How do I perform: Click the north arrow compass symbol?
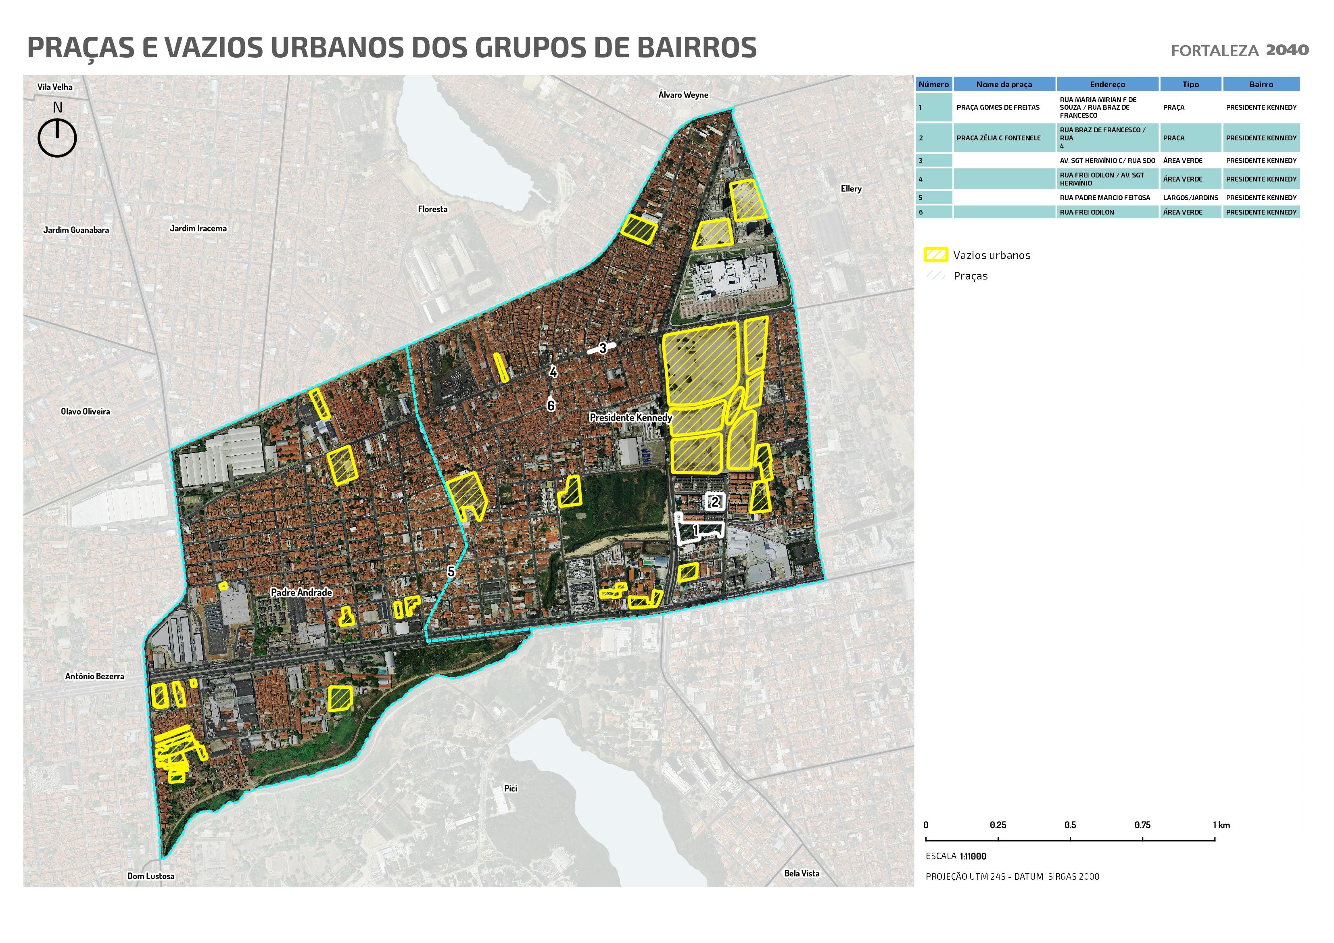pyautogui.click(x=57, y=137)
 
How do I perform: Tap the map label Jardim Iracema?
pyautogui.click(x=198, y=228)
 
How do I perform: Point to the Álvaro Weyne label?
pyautogui.click(x=683, y=95)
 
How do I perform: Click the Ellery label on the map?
pyautogui.click(x=851, y=189)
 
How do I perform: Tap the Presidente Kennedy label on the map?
pyautogui.click(x=630, y=417)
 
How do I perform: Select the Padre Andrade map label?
pyautogui.click(x=302, y=592)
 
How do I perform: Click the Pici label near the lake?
pyautogui.click(x=511, y=789)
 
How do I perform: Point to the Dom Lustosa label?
pyautogui.click(x=151, y=876)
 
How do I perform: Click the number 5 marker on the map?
pyautogui.click(x=451, y=572)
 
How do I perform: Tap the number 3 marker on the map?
pyautogui.click(x=603, y=348)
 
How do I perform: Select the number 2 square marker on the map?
pyautogui.click(x=715, y=501)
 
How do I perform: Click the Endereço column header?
pyautogui.click(x=1107, y=84)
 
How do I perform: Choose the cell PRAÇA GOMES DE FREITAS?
pyautogui.click(x=998, y=108)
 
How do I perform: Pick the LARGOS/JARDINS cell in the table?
pyautogui.click(x=1190, y=198)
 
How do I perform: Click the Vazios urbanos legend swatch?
pyautogui.click(x=935, y=255)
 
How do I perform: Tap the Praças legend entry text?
pyautogui.click(x=970, y=276)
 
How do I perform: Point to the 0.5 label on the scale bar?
pyautogui.click(x=1070, y=825)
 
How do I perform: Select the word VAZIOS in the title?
pyautogui.click(x=215, y=48)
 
